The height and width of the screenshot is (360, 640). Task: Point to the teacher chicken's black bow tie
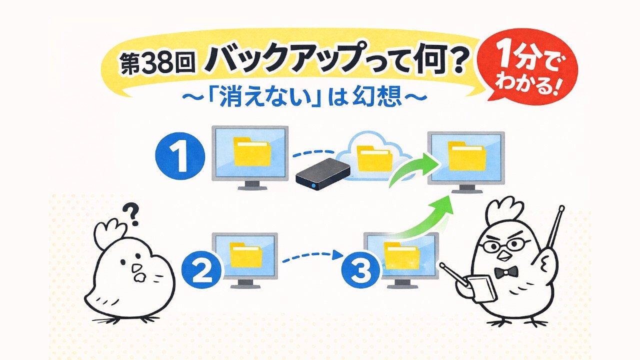(505, 273)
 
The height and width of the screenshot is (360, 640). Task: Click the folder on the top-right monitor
(466, 155)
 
